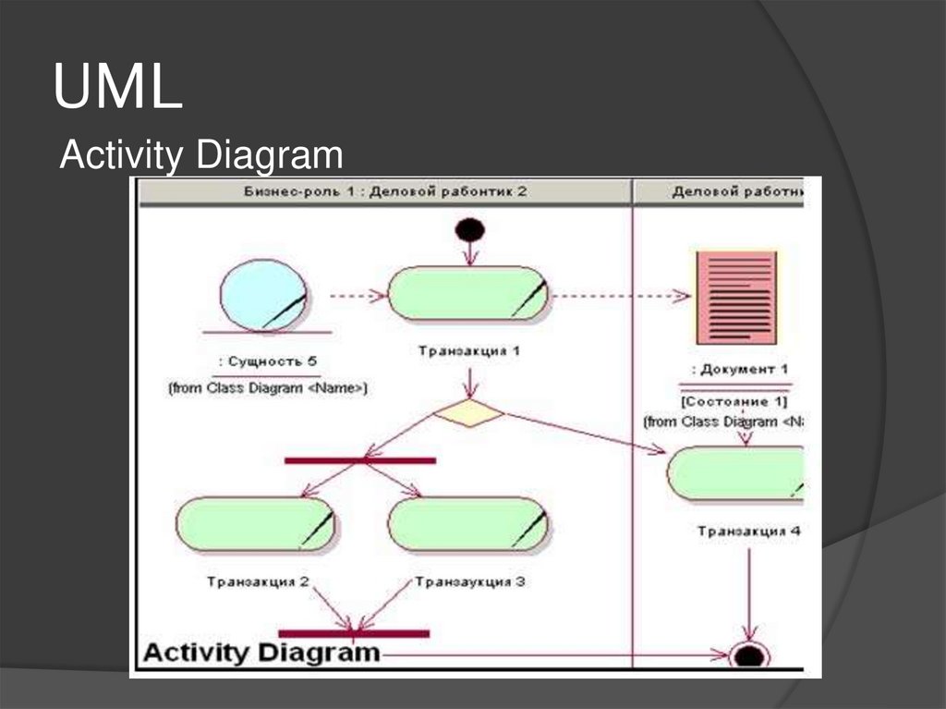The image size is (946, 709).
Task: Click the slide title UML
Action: tap(117, 88)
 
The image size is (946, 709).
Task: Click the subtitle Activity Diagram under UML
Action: tap(200, 154)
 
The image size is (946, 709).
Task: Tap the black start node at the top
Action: tap(470, 229)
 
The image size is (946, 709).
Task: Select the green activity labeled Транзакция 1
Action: tap(467, 294)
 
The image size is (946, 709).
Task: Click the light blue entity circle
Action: tap(263, 295)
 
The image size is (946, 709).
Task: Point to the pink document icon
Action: tap(735, 297)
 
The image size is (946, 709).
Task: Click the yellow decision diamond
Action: tap(469, 413)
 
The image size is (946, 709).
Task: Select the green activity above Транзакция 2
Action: tap(255, 524)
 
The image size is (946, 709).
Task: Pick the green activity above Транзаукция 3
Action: tap(467, 524)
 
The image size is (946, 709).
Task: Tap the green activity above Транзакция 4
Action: tap(735, 473)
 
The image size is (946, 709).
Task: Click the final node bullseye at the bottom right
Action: tap(747, 655)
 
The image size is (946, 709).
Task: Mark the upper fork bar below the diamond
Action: tap(359, 459)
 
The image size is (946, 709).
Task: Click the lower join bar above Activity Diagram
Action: tap(354, 633)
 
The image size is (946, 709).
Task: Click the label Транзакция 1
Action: tap(469, 351)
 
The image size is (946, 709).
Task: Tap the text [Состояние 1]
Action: tap(735, 401)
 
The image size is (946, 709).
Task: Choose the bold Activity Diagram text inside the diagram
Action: tap(261, 653)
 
